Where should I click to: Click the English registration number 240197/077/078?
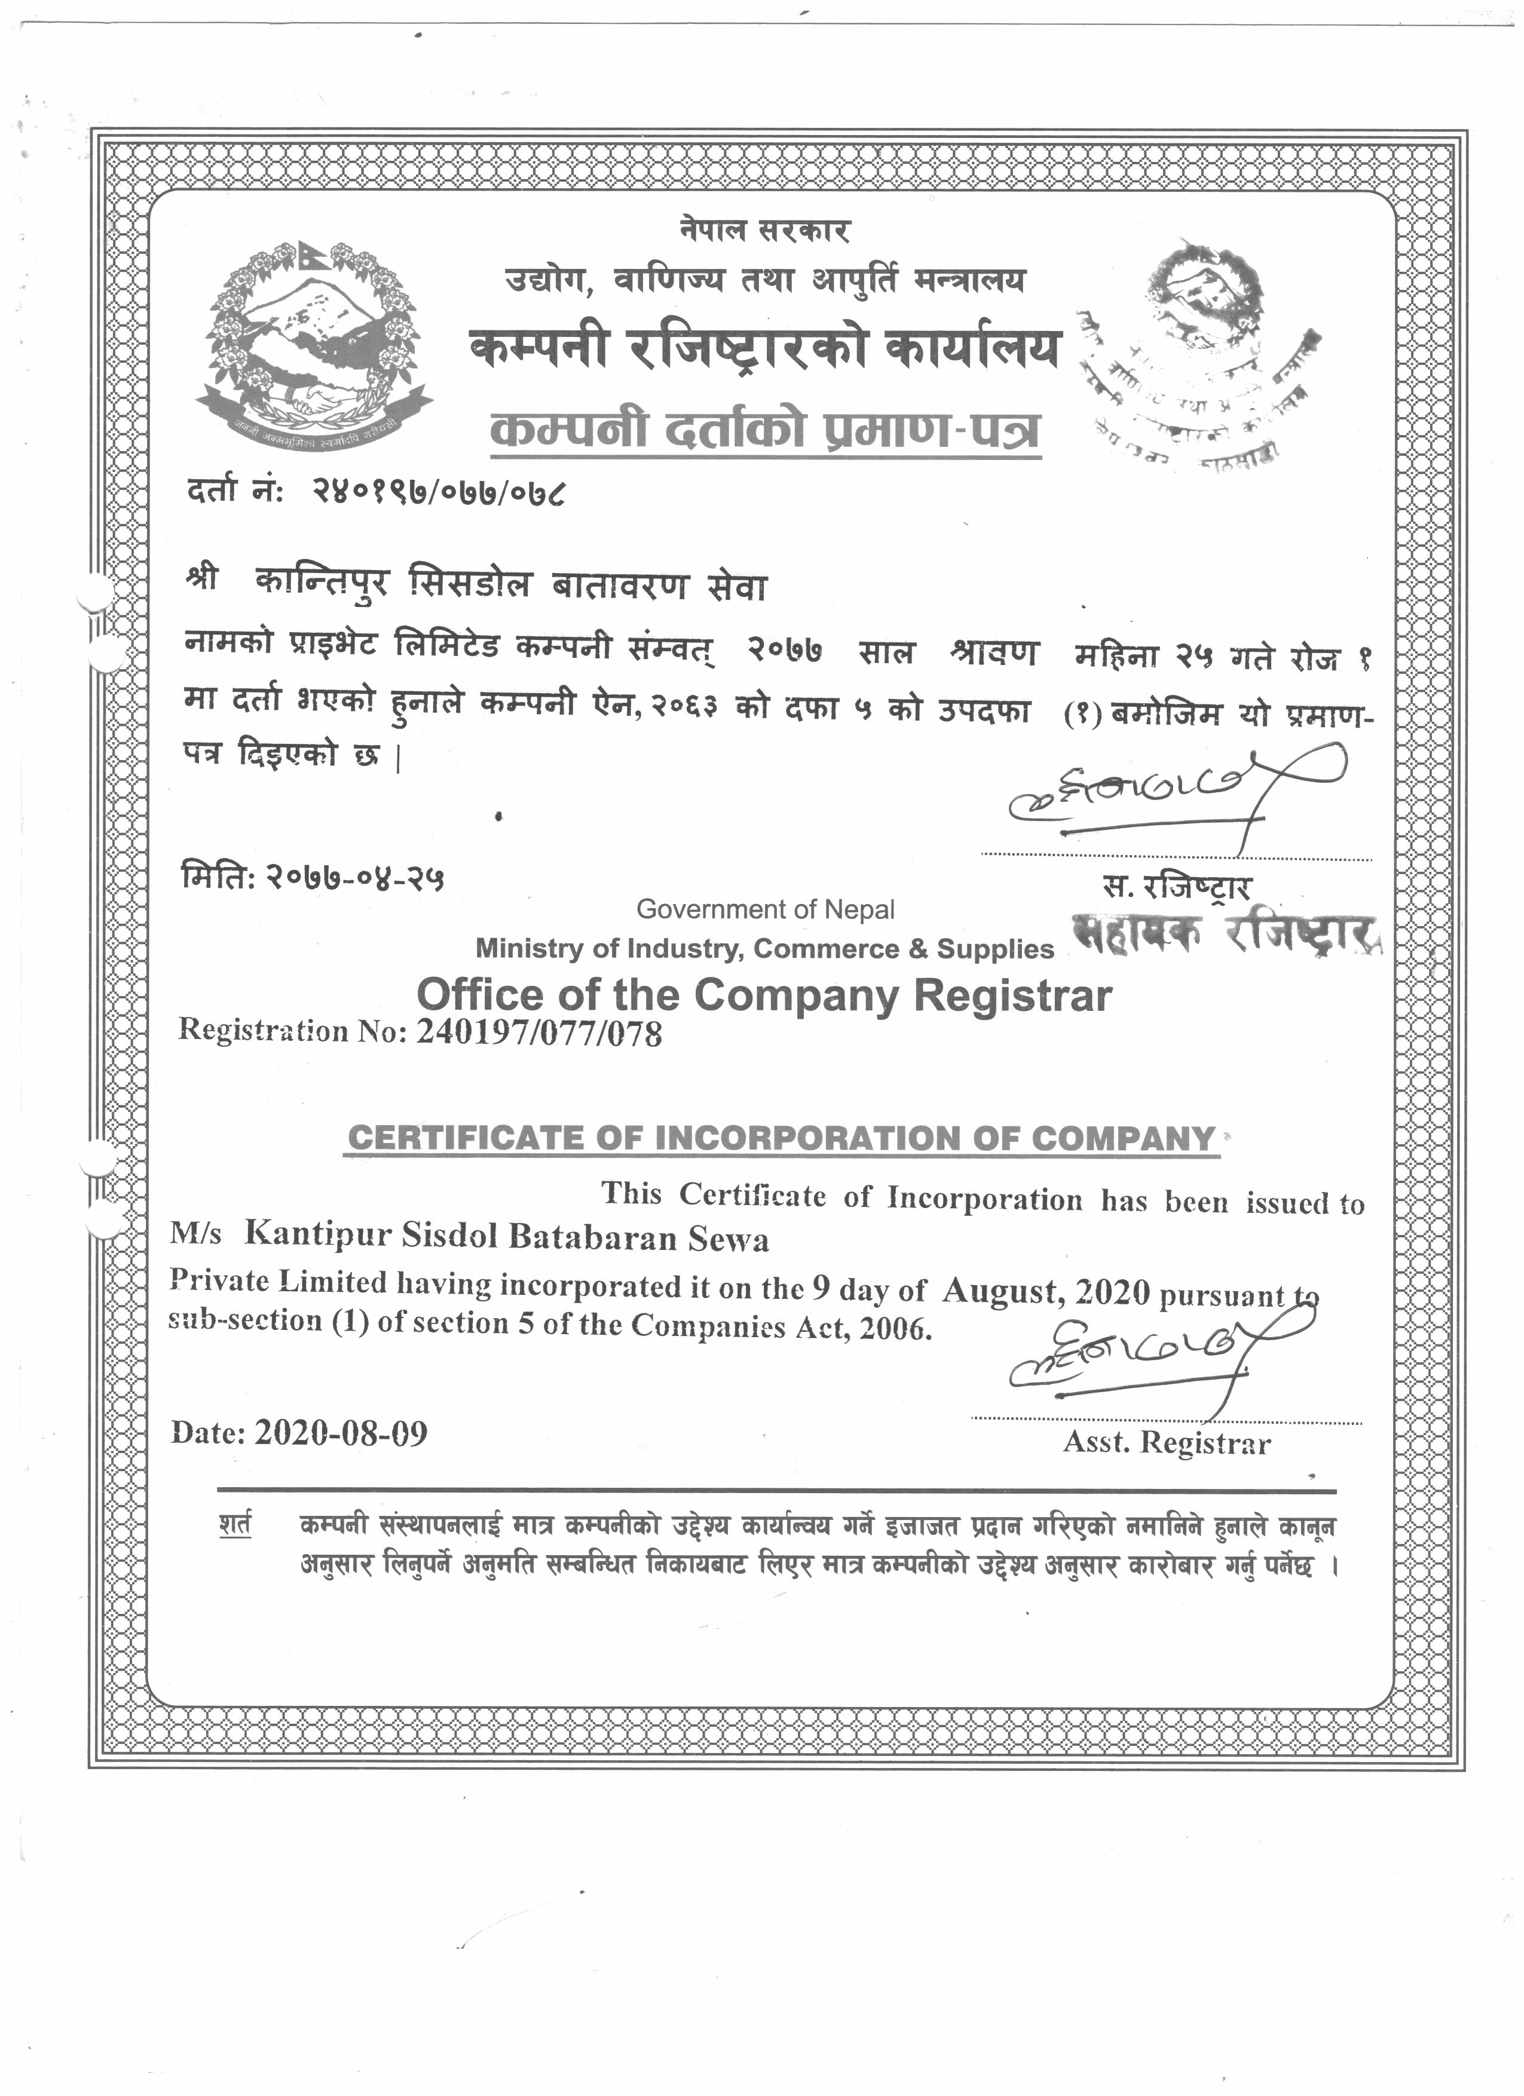click(540, 1031)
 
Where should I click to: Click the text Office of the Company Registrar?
click(764, 994)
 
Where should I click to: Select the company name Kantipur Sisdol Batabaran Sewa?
click(506, 1237)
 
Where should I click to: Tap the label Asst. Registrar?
click(1167, 1442)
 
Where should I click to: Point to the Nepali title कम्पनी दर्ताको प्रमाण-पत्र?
click(764, 431)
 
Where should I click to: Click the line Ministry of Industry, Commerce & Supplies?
click(764, 948)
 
